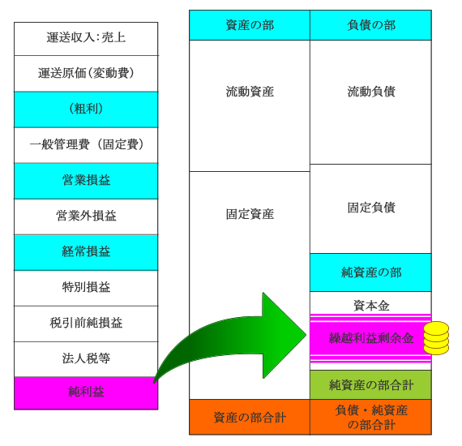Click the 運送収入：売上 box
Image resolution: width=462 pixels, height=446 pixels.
[x=86, y=39]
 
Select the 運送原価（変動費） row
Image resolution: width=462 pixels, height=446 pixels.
[x=86, y=74]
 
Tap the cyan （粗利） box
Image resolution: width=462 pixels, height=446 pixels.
[x=86, y=109]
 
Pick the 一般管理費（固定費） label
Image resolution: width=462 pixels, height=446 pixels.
[x=87, y=144]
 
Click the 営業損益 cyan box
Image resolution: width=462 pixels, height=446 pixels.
[x=86, y=181]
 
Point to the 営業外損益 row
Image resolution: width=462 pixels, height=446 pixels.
[x=86, y=217]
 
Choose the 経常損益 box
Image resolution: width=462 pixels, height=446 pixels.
[x=86, y=252]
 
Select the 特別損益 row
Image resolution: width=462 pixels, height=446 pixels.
[x=86, y=288]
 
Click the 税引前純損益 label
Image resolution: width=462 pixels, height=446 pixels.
[x=86, y=323]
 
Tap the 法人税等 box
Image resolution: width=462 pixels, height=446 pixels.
[x=86, y=359]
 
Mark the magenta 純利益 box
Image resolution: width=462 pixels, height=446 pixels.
[x=86, y=393]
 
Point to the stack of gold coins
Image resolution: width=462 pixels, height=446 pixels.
[x=436, y=338]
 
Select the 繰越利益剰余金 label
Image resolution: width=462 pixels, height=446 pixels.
[x=371, y=338]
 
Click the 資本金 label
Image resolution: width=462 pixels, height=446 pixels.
[x=371, y=306]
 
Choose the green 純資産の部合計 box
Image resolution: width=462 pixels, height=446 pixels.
[x=370, y=384]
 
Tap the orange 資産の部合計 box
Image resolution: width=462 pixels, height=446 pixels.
[x=250, y=417]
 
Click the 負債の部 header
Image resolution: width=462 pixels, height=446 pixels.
[x=370, y=25]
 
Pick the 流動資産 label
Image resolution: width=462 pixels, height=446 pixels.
[x=250, y=92]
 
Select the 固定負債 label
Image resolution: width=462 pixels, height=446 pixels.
[x=371, y=208]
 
